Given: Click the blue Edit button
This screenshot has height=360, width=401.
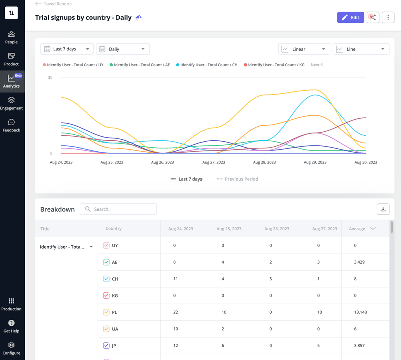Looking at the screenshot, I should click(x=350, y=17).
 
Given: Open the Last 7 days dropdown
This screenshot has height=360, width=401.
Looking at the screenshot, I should click(x=67, y=49).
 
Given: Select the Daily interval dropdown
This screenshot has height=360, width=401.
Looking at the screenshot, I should click(x=123, y=49).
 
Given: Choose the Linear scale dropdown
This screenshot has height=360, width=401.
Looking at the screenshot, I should click(x=304, y=49).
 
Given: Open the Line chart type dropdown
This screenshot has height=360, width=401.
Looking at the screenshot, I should click(x=361, y=49).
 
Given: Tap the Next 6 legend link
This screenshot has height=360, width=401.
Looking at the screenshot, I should click(x=316, y=65).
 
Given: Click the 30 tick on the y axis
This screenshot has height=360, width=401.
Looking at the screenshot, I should click(x=50, y=78).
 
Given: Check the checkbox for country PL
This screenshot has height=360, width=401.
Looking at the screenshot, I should click(x=106, y=312).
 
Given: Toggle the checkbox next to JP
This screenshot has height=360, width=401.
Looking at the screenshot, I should click(x=106, y=346).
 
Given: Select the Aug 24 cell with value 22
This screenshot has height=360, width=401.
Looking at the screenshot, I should click(x=175, y=312).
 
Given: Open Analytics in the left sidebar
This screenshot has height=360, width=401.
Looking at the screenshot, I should click(x=11, y=81).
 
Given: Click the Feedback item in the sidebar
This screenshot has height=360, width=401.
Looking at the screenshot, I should click(x=11, y=125).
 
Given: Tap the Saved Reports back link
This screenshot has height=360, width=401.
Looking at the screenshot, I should click(x=53, y=4).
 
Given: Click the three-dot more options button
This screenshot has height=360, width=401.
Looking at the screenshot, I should click(x=388, y=17).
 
